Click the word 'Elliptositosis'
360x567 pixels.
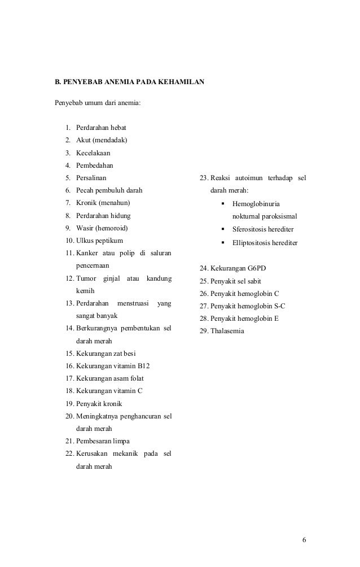(x=252, y=243)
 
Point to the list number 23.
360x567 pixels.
(x=204, y=178)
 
